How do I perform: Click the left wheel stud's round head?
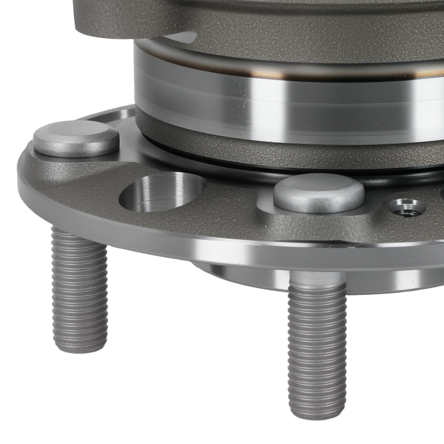click(x=76, y=138)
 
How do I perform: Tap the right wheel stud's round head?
click(x=319, y=192)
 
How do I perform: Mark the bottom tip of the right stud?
click(x=318, y=415)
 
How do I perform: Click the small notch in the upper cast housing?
click(x=182, y=37)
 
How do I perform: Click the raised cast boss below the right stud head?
click(x=311, y=222)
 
